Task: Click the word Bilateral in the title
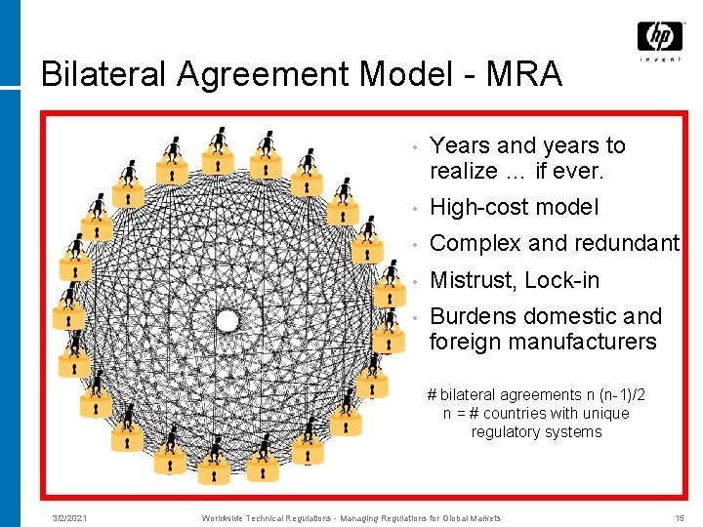coord(103,74)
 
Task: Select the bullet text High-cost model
coord(514,207)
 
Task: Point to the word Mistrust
coord(473,280)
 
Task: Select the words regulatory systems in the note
coord(536,431)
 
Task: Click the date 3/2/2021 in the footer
coord(69,518)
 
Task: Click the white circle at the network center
coord(227,320)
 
